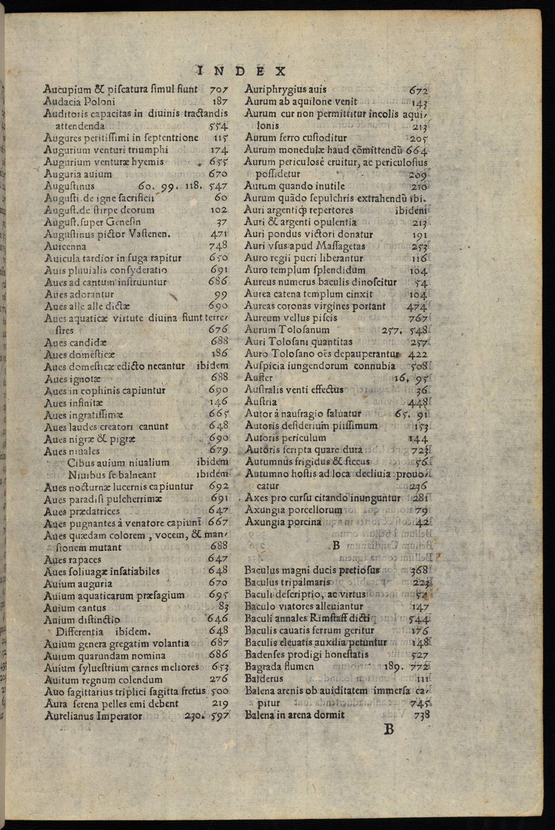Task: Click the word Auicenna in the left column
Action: (x=65, y=246)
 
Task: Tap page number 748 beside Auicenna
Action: (x=218, y=246)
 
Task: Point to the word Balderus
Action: (x=264, y=678)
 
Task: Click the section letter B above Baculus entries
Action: (x=336, y=545)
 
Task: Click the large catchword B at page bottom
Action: (x=389, y=730)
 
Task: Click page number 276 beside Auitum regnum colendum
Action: (x=219, y=679)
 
